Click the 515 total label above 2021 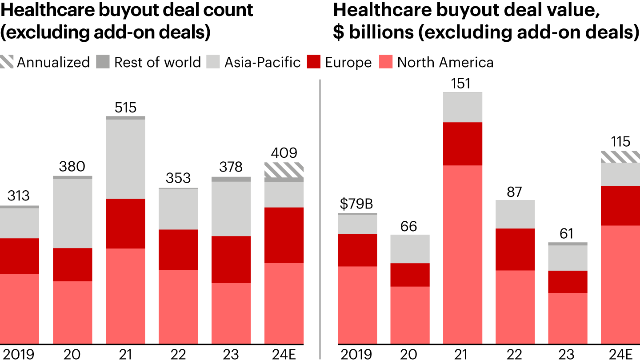point(125,108)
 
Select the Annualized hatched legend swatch point(7,62)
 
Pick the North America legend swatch point(386,62)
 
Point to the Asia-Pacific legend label point(262,62)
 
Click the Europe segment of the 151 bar point(463,144)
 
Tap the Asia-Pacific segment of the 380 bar point(72,213)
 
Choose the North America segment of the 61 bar point(568,318)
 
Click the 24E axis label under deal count point(284,354)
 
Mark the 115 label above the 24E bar point(620,142)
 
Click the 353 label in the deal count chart point(178,179)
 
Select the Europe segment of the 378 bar point(231,259)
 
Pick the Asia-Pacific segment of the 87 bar point(515,214)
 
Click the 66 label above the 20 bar point(409,226)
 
